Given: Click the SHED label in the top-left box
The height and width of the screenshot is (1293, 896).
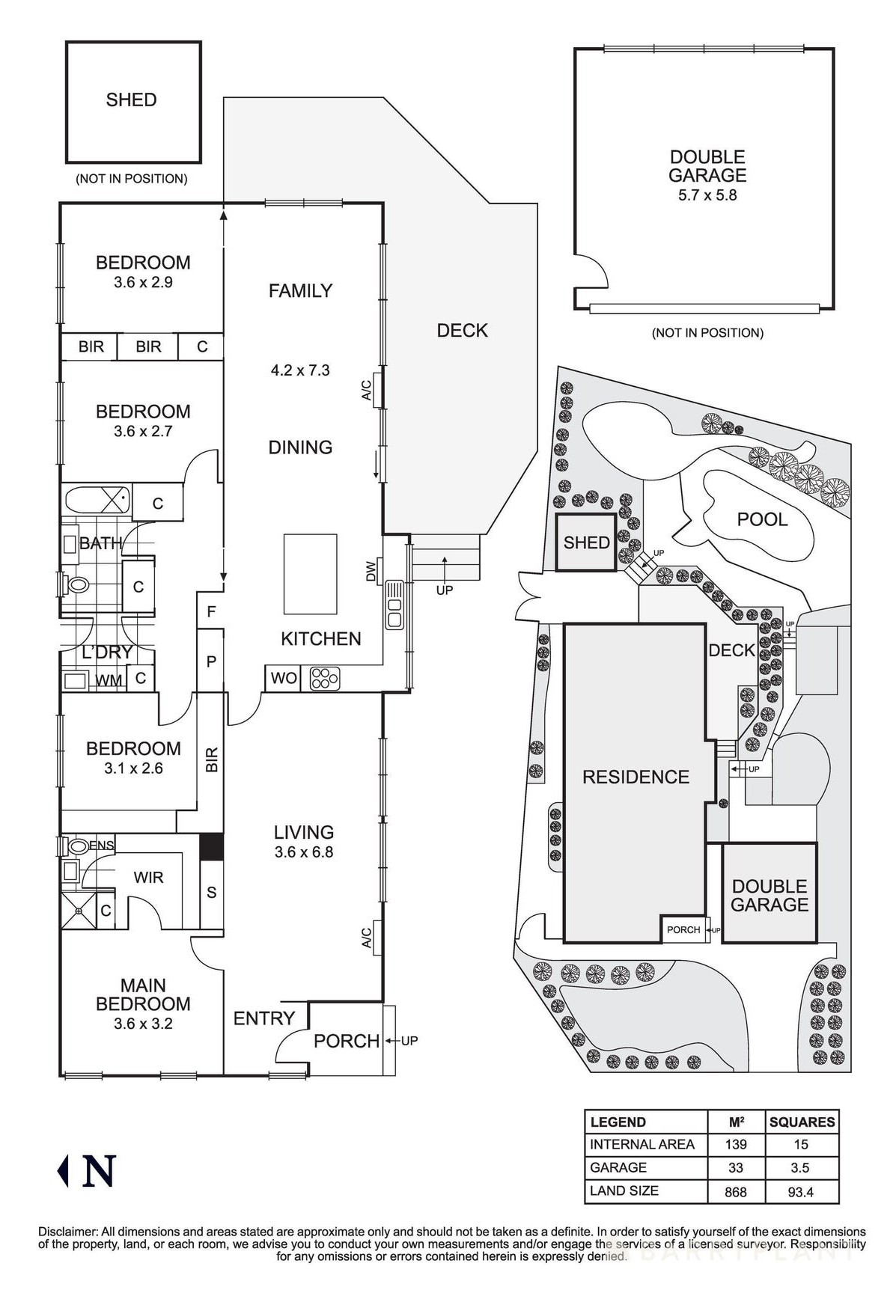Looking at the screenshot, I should (x=131, y=100).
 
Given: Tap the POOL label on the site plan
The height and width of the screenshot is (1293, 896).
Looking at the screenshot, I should (x=762, y=519).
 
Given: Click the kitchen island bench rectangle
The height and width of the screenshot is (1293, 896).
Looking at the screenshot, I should (x=310, y=572).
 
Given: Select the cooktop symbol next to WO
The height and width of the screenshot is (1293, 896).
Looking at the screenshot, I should (x=325, y=679).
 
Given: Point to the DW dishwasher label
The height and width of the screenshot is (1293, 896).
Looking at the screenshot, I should (x=371, y=572).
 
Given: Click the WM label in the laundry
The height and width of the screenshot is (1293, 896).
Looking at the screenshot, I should (x=109, y=680).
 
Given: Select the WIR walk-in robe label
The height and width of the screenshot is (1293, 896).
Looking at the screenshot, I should (x=148, y=877).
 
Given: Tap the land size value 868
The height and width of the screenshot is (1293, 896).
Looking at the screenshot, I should (x=736, y=1191).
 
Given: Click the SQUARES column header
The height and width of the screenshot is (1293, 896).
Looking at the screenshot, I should (x=802, y=1122).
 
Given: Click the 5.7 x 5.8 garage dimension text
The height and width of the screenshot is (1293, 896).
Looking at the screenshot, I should (x=707, y=195).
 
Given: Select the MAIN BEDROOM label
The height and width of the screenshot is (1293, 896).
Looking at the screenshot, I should (x=143, y=994).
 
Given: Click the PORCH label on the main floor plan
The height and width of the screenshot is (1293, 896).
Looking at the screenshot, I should (x=346, y=1041).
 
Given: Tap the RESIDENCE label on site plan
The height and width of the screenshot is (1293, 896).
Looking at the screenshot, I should (x=636, y=777).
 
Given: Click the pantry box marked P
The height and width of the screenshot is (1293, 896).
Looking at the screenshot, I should (x=211, y=661).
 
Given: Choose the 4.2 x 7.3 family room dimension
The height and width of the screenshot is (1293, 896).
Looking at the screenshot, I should (x=300, y=370).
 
